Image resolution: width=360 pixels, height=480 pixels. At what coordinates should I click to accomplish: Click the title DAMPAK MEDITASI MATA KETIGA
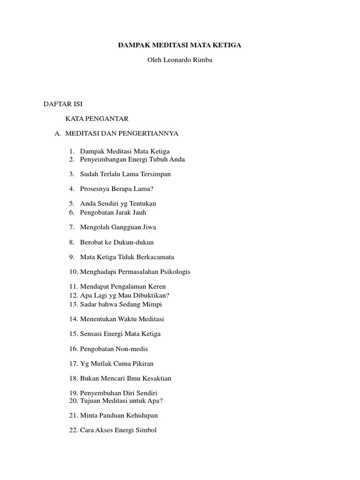(180, 45)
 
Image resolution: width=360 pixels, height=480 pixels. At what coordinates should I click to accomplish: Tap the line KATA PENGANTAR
(97, 119)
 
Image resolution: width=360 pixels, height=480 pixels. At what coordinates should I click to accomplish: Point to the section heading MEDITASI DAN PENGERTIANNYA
(122, 134)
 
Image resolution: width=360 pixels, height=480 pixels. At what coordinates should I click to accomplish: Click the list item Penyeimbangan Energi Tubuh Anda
(132, 159)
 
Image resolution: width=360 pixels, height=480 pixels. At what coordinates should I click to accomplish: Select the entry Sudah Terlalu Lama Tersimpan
(125, 174)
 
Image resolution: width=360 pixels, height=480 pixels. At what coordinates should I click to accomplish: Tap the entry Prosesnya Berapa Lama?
(117, 189)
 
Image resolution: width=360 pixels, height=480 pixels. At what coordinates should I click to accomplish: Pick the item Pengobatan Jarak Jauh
(113, 212)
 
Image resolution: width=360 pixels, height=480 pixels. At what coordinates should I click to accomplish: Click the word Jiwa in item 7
(149, 227)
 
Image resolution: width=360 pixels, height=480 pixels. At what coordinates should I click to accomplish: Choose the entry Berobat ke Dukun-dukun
(117, 242)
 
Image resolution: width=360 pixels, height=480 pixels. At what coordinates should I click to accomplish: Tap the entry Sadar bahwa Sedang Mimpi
(121, 304)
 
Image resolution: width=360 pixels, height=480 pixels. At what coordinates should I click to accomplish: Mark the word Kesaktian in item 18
(157, 379)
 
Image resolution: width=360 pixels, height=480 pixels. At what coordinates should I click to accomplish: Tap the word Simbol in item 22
(146, 430)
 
